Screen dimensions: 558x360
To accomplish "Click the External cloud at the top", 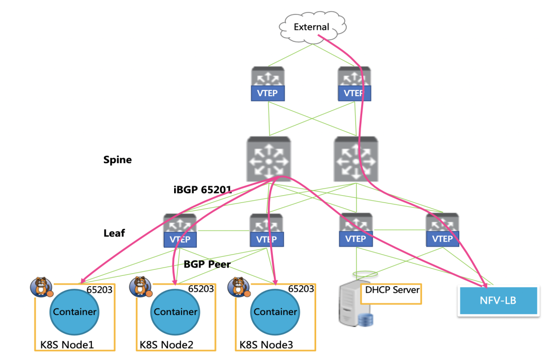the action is coord(313,27).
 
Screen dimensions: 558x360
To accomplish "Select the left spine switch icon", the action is coord(269,159).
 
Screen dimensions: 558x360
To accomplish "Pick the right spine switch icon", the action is coord(356,159).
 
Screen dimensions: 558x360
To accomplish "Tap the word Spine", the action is coord(117,160).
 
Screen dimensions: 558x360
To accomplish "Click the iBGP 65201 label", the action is coord(203,190).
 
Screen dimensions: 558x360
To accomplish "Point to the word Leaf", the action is coord(114,233).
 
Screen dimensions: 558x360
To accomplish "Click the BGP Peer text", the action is coord(207,264).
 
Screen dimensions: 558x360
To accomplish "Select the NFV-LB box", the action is coord(498,301).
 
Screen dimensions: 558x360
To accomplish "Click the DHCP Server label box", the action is coord(391,294).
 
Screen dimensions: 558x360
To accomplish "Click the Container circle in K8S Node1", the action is coord(74,312).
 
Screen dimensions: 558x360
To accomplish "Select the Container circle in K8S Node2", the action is coord(175,312).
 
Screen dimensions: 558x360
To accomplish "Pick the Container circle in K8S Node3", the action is coord(275,312).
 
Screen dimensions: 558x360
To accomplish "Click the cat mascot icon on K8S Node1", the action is coord(42,287).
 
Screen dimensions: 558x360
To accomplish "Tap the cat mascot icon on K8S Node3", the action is coord(239,287).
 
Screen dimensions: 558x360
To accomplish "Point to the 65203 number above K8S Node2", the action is coord(201,289).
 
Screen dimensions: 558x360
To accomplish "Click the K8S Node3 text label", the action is coord(266,345).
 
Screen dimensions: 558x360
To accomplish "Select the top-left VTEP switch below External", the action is coord(268,84).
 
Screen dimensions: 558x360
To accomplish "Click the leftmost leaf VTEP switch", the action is coord(180,230).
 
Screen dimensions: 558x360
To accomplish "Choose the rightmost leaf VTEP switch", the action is coord(442,230).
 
